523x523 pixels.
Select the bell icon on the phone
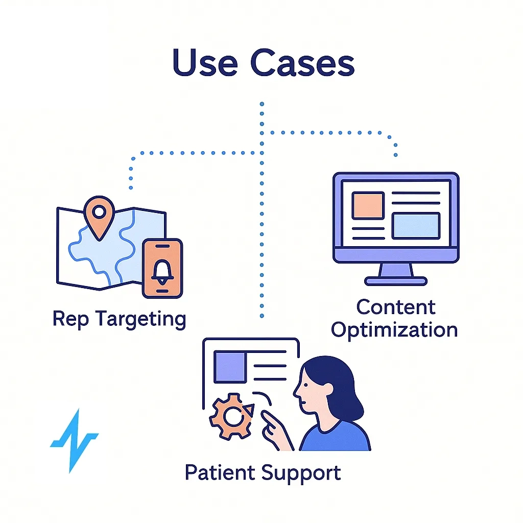coord(162,269)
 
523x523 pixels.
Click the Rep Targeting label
coord(119,319)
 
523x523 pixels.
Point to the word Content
coord(395,307)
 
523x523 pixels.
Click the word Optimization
coord(394,329)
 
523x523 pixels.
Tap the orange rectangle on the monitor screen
coord(368,206)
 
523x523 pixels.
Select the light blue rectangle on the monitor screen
coord(415,226)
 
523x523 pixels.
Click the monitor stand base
coord(396,280)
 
